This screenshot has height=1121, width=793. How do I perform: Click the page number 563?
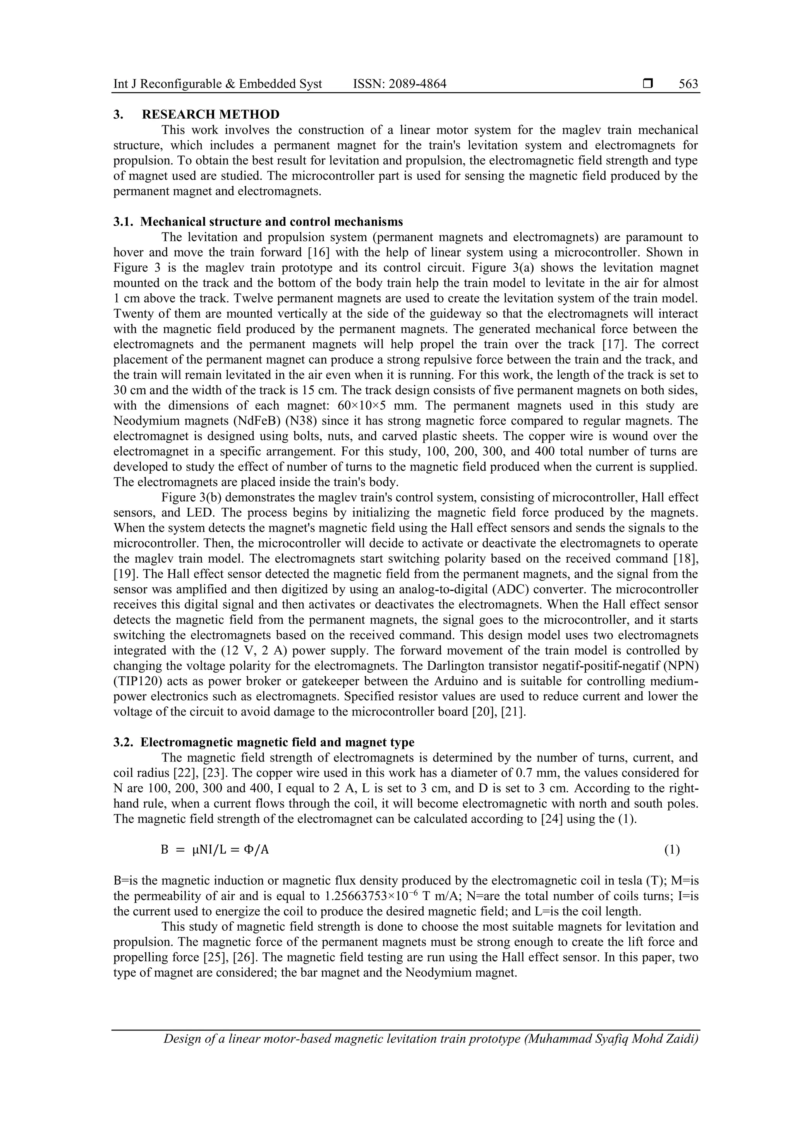(688, 84)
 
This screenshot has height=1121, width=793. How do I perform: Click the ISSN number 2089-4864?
(399, 84)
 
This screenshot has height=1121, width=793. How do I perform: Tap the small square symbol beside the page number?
(648, 84)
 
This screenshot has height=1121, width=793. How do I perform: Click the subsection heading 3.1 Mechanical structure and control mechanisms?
(258, 222)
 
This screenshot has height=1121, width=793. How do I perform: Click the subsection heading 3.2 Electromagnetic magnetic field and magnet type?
(264, 742)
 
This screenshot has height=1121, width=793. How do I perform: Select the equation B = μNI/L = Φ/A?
(215, 850)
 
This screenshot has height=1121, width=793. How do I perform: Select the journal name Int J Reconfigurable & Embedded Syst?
(218, 84)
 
